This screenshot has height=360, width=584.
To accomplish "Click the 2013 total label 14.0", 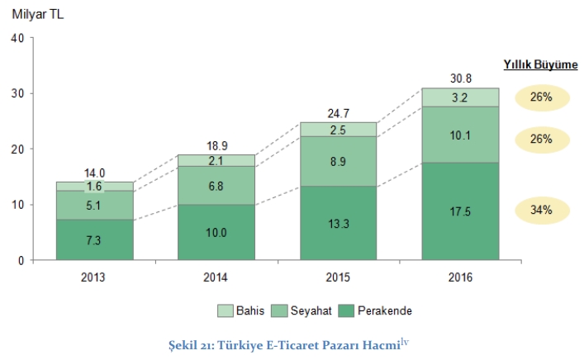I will tap(95, 173).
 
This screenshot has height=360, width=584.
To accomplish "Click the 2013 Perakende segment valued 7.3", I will tap(95, 239).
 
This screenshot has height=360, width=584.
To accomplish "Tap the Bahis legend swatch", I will tap(224, 310).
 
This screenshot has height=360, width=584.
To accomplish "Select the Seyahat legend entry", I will tap(294, 310).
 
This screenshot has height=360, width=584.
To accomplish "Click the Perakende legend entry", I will tap(373, 310).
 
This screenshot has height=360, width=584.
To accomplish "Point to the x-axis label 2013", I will tap(95, 277).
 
